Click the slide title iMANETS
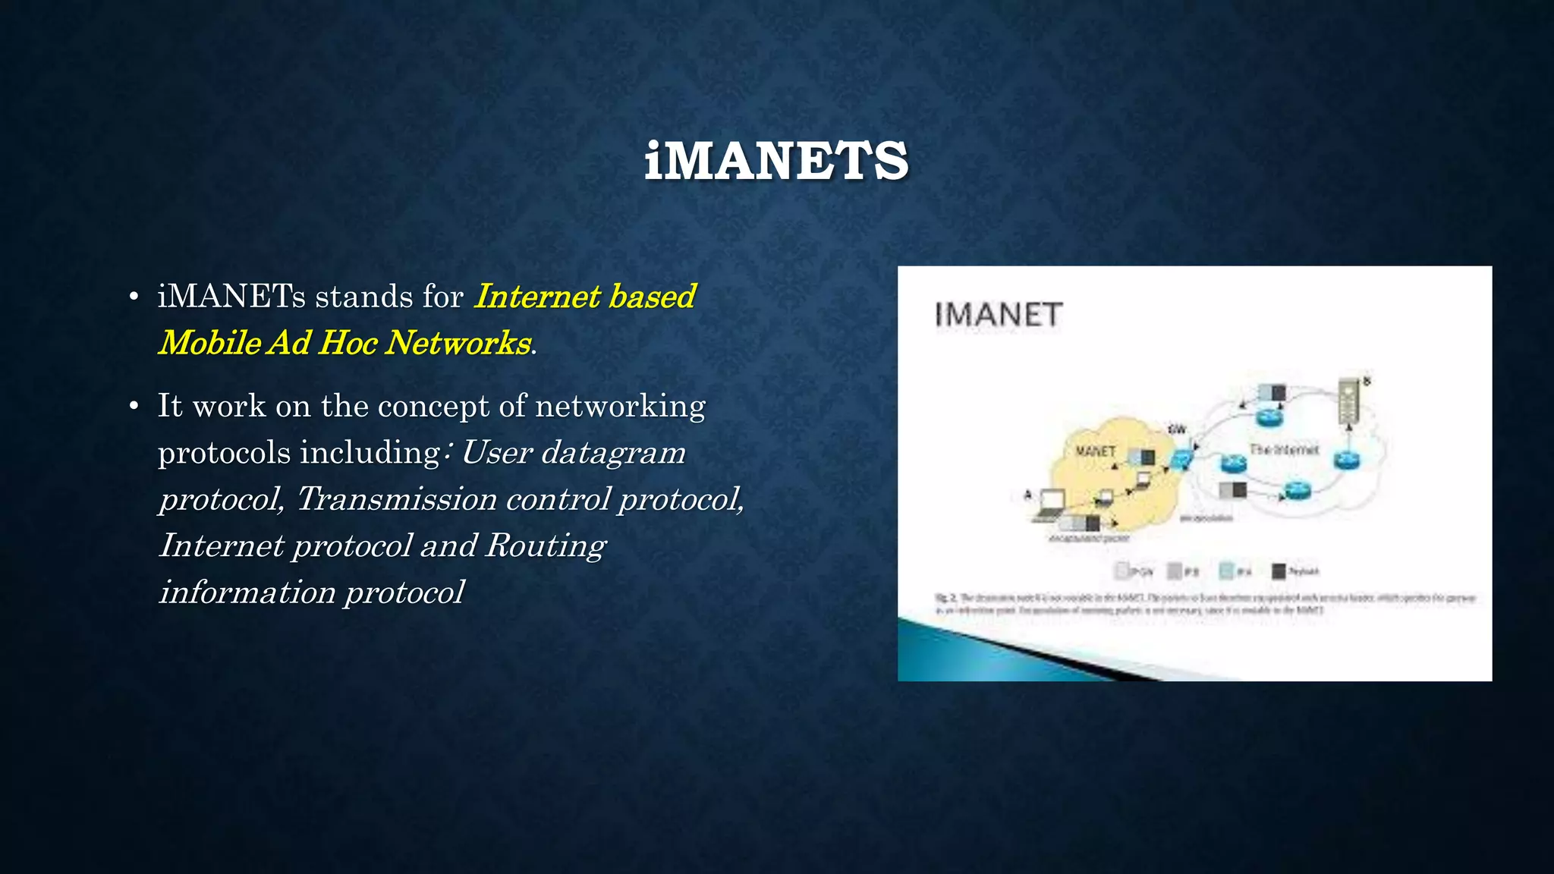coord(776,161)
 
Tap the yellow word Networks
coord(458,343)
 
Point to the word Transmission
coord(395,499)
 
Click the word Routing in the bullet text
coord(546,545)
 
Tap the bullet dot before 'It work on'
coord(134,407)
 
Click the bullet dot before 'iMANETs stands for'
coord(134,297)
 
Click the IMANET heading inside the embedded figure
coord(998,315)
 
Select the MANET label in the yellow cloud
coord(1096,451)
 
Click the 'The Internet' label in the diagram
coord(1284,450)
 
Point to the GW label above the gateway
coord(1177,430)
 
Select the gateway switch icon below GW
coord(1181,458)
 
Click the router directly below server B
coord(1347,459)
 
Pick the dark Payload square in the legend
coord(1279,571)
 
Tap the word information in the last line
coord(247,593)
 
